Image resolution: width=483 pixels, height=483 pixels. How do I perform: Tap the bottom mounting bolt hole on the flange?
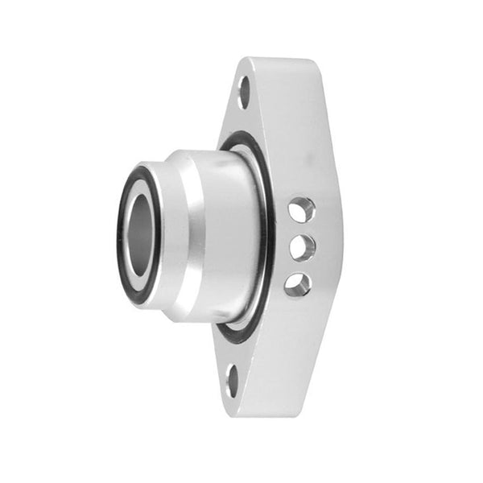[233, 380]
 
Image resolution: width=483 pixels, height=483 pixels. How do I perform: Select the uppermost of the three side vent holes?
[299, 210]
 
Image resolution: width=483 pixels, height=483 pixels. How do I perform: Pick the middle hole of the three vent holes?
[299, 247]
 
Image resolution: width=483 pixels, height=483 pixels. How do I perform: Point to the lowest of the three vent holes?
[297, 283]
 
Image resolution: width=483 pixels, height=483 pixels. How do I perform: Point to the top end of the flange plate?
[274, 64]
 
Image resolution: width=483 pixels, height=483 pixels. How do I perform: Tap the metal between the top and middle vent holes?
[299, 229]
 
